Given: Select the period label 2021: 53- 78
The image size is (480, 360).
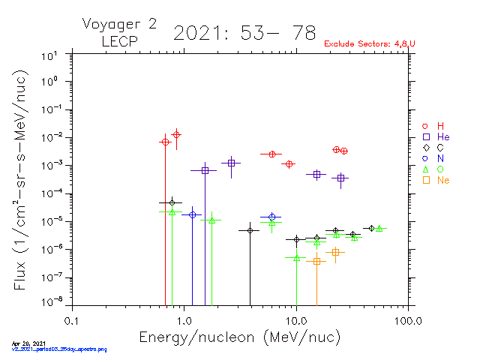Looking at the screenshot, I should coord(244,33).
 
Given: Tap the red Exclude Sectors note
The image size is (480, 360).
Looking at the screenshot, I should coord(369,44).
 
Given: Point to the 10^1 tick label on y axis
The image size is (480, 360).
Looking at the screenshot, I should coord(52,55).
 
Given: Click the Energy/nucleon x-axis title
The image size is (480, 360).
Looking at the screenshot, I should coord(239,337).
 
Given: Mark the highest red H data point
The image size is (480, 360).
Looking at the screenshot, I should coord(176,134).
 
